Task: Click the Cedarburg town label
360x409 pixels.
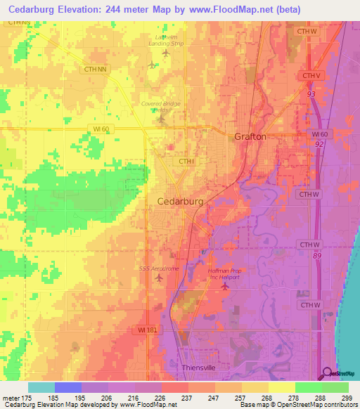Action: click(x=179, y=201)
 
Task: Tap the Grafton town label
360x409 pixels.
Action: click(x=250, y=136)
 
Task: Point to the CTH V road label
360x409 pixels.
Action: click(x=310, y=75)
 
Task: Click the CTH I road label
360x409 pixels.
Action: click(x=186, y=162)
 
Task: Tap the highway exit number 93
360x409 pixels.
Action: click(x=310, y=92)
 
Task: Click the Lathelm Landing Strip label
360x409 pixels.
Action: click(x=168, y=40)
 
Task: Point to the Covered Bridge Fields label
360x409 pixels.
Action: click(x=160, y=106)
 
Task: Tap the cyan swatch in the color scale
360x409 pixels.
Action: click(x=41, y=387)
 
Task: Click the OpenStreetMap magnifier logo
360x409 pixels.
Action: click(x=328, y=373)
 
